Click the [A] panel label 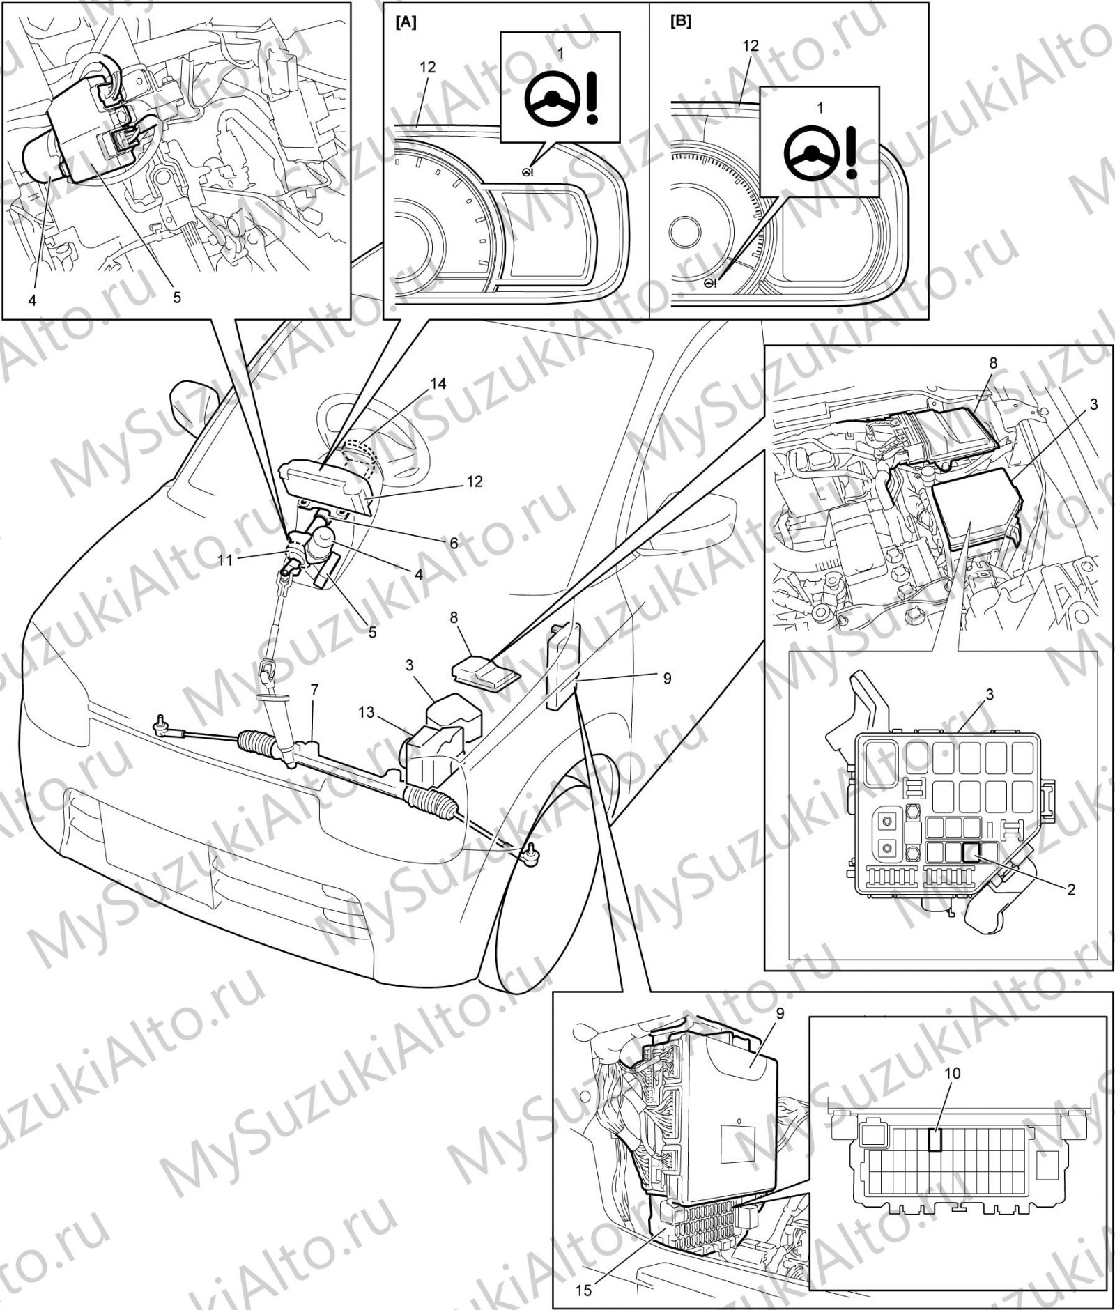[406, 22]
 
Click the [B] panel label [680, 22]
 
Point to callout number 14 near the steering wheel [438, 384]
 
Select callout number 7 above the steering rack [314, 691]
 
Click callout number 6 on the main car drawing [454, 543]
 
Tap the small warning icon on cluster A [527, 171]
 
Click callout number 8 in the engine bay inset [993, 363]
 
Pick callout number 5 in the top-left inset [177, 298]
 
